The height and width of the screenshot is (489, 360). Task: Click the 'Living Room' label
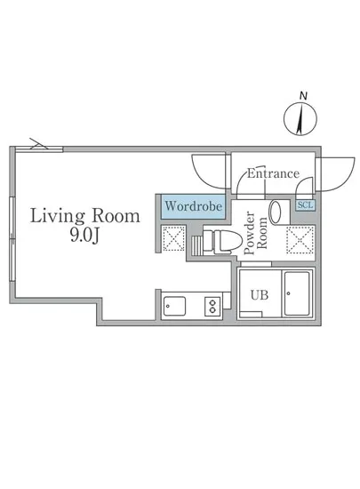[x=84, y=215]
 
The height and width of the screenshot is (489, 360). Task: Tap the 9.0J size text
[x=84, y=236]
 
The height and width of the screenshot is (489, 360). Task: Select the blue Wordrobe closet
[x=193, y=206]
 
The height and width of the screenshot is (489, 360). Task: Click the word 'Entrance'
[x=273, y=173]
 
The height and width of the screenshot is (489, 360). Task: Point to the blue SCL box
[x=306, y=204]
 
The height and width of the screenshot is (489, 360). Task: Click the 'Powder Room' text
[x=255, y=233]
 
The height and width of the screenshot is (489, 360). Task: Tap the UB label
[x=260, y=294]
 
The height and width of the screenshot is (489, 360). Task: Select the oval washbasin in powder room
[x=276, y=212]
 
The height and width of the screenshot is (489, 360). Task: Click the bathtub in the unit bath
[x=297, y=294]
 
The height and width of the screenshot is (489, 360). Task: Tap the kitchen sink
[x=174, y=306]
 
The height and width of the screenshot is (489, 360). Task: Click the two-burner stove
[x=212, y=306]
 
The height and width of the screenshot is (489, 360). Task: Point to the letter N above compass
[x=303, y=96]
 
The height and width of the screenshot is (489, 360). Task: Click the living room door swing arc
[x=198, y=175]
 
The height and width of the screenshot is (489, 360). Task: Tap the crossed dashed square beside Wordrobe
[x=173, y=238]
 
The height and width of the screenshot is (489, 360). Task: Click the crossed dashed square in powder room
[x=300, y=240]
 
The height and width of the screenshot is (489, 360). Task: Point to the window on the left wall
[x=12, y=239]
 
